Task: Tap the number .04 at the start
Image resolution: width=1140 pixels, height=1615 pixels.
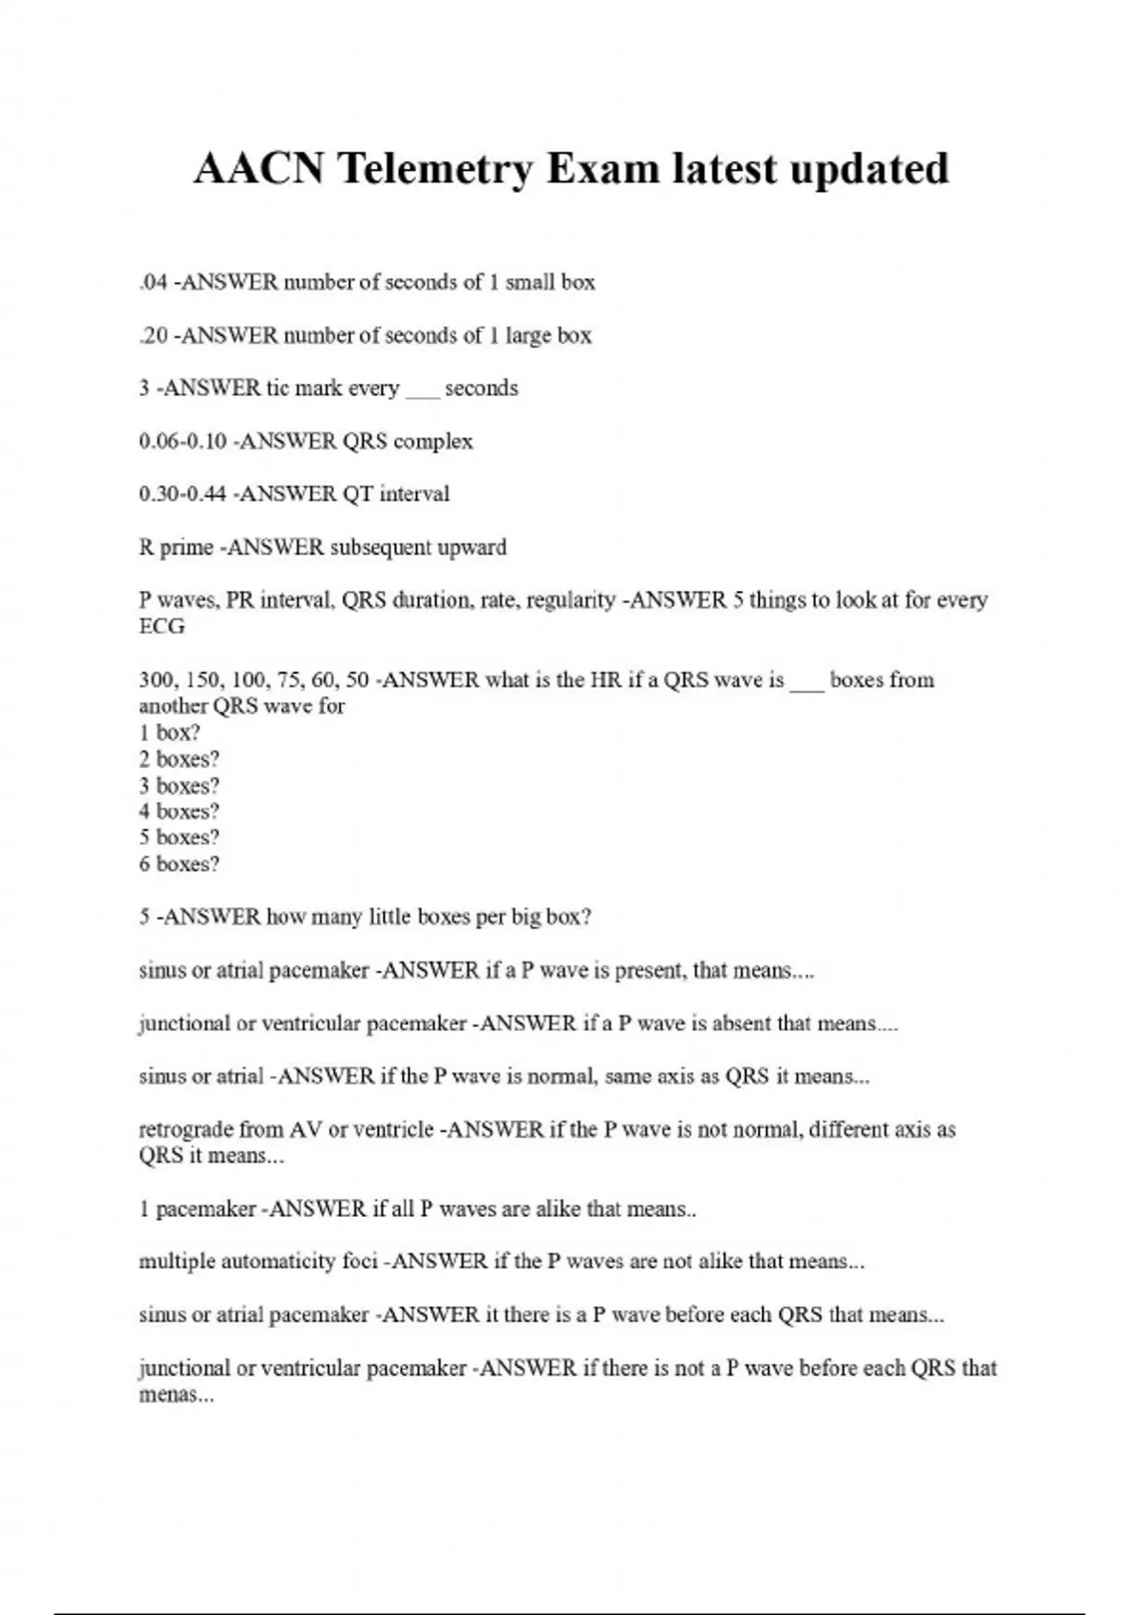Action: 153,282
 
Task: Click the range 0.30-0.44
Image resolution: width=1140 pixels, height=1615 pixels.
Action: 182,494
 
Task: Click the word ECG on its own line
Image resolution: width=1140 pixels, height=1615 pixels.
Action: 161,627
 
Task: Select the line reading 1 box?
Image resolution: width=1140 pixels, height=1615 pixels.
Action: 169,732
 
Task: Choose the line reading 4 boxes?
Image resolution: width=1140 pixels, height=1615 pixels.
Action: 179,811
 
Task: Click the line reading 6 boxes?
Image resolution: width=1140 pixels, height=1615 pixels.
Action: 179,864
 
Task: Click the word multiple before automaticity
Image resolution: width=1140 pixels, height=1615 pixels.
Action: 177,1263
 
